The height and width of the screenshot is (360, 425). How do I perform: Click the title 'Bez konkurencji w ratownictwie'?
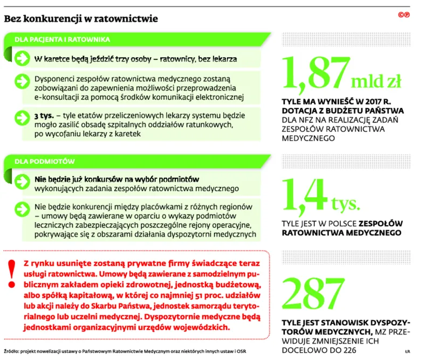pyautogui.click(x=80, y=19)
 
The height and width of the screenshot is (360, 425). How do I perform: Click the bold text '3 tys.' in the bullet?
pyautogui.click(x=43, y=116)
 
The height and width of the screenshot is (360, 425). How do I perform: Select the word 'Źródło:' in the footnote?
pyautogui.click(x=13, y=352)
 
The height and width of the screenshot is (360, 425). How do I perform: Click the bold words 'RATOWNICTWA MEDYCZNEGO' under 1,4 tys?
pyautogui.click(x=342, y=233)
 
